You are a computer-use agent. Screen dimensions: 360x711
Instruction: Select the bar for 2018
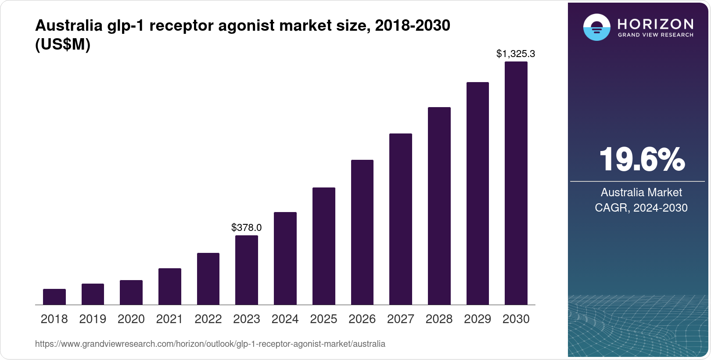click(x=54, y=297)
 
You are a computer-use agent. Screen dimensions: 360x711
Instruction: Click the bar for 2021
click(x=170, y=286)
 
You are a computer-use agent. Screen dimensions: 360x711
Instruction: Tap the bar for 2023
click(x=247, y=270)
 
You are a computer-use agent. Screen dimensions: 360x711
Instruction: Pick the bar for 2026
click(x=362, y=232)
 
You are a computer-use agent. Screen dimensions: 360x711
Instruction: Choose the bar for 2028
click(x=439, y=206)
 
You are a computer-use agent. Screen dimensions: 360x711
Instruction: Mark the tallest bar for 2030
click(x=516, y=183)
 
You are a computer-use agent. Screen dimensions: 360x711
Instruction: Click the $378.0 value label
click(x=247, y=227)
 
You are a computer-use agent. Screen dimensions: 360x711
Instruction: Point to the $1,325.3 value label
click(x=516, y=54)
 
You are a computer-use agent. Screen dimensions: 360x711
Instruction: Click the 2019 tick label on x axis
click(x=93, y=319)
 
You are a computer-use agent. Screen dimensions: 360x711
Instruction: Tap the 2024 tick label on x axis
click(x=285, y=319)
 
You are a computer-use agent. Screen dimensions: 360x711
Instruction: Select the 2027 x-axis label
click(x=401, y=319)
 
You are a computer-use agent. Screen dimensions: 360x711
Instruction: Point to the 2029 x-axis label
click(x=478, y=319)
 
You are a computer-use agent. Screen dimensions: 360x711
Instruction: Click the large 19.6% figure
click(x=642, y=159)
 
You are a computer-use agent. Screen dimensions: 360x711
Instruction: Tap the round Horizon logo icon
click(x=596, y=28)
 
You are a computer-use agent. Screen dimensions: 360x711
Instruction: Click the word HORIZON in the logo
click(x=656, y=24)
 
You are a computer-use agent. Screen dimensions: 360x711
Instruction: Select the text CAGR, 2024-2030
click(x=641, y=208)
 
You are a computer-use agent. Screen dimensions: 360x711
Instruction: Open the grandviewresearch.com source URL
click(x=210, y=344)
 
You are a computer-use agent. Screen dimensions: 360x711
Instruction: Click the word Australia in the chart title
click(x=69, y=25)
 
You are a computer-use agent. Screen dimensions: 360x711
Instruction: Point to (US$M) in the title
click(x=63, y=45)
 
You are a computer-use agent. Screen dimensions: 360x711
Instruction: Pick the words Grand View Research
click(x=656, y=35)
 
